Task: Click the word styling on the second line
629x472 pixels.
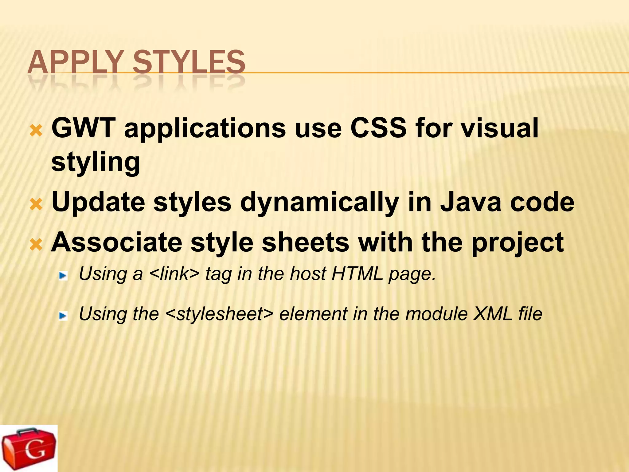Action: [96, 163]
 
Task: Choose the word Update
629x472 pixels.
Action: [98, 202]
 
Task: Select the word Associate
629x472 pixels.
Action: [117, 242]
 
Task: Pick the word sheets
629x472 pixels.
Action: [306, 242]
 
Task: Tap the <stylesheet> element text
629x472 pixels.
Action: [219, 314]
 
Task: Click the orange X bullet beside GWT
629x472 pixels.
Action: [36, 131]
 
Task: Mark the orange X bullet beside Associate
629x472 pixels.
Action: [36, 245]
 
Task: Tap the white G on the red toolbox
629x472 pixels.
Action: [35, 450]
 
